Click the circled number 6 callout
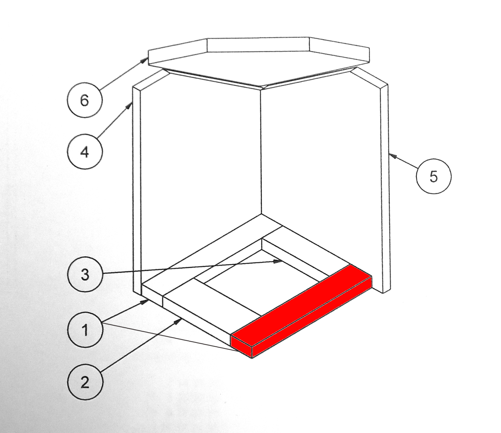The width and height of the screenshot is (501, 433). pyautogui.click(x=85, y=100)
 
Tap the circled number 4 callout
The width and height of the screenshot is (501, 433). pyautogui.click(x=85, y=152)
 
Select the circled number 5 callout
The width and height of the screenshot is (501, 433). pyautogui.click(x=434, y=177)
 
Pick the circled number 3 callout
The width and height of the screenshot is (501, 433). pyautogui.click(x=85, y=275)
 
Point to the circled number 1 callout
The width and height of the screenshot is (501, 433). pyautogui.click(x=85, y=330)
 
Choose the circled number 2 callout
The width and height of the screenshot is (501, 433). pyautogui.click(x=85, y=382)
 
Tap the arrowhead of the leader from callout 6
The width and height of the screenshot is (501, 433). pyautogui.click(x=145, y=60)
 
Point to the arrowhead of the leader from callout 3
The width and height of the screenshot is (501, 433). pyautogui.click(x=278, y=262)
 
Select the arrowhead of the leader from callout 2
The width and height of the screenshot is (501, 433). pyautogui.click(x=178, y=321)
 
